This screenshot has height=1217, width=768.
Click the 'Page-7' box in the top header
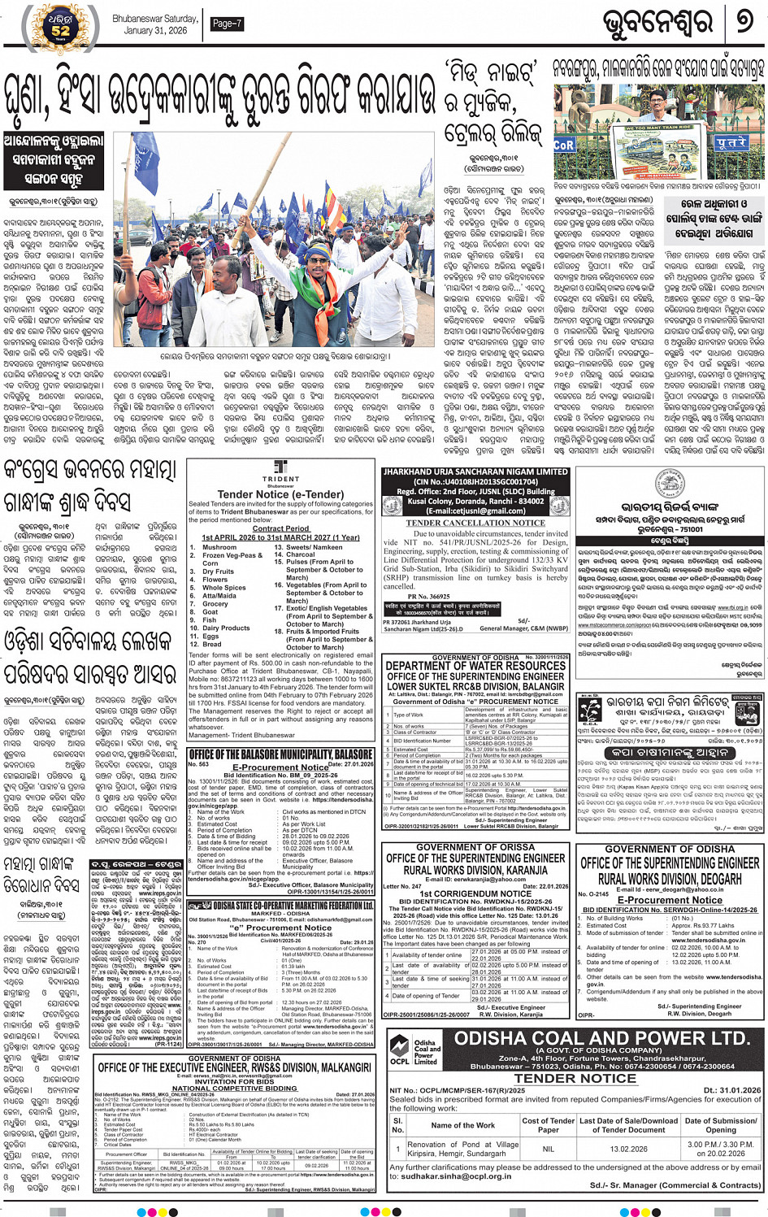tap(227, 24)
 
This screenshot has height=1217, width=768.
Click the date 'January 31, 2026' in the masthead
tap(155, 31)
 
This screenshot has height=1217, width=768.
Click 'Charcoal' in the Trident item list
tap(302, 554)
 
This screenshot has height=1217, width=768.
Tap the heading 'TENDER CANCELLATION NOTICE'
tap(475, 523)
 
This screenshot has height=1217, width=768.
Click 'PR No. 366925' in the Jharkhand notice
tap(428, 596)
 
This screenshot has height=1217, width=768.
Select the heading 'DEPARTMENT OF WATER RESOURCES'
tap(475, 665)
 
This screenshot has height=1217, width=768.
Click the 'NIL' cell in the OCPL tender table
tap(549, 1149)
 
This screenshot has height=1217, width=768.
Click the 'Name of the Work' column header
tap(462, 1125)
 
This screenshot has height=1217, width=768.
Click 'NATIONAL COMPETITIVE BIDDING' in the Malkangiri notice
tap(235, 1088)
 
